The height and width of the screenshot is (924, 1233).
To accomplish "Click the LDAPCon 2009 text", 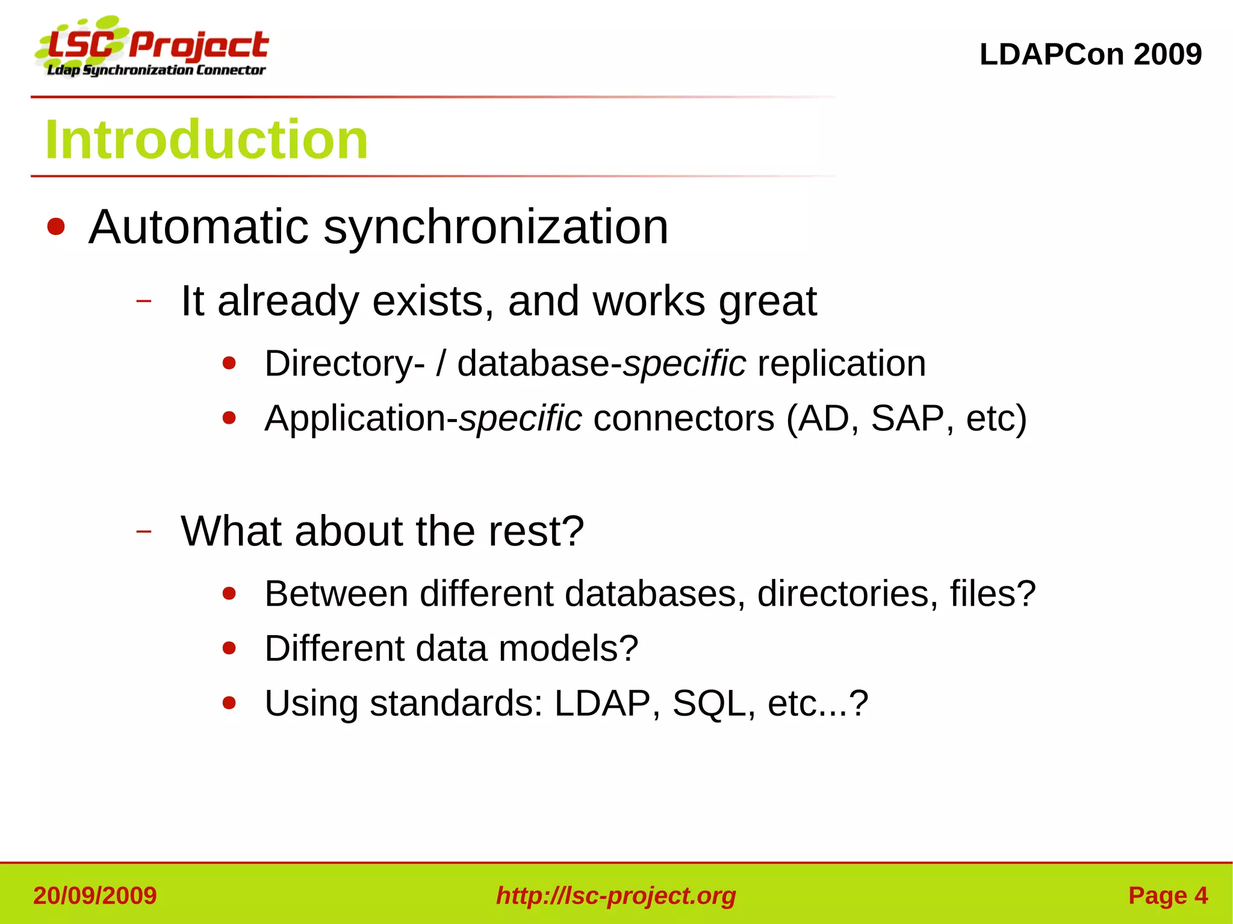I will pyautogui.click(x=1090, y=54).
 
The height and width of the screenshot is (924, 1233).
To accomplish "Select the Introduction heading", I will pyautogui.click(x=207, y=140).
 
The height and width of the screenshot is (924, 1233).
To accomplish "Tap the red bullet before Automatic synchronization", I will pyautogui.click(x=56, y=227).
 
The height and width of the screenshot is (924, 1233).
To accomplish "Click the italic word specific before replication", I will pyautogui.click(x=685, y=364).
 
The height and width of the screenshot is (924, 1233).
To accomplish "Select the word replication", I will pyautogui.click(x=841, y=364).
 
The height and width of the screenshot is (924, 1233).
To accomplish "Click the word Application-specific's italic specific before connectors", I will pyautogui.click(x=521, y=418).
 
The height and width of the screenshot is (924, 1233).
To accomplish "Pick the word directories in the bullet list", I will pyautogui.click(x=847, y=594).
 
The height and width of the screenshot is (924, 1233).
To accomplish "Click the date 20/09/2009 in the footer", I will pyautogui.click(x=95, y=896).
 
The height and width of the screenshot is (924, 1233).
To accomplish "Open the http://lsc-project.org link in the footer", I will pyautogui.click(x=616, y=896).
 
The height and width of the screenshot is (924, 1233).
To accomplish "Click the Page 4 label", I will pyautogui.click(x=1167, y=896).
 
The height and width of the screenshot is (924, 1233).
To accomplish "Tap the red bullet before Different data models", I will pyautogui.click(x=229, y=648).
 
